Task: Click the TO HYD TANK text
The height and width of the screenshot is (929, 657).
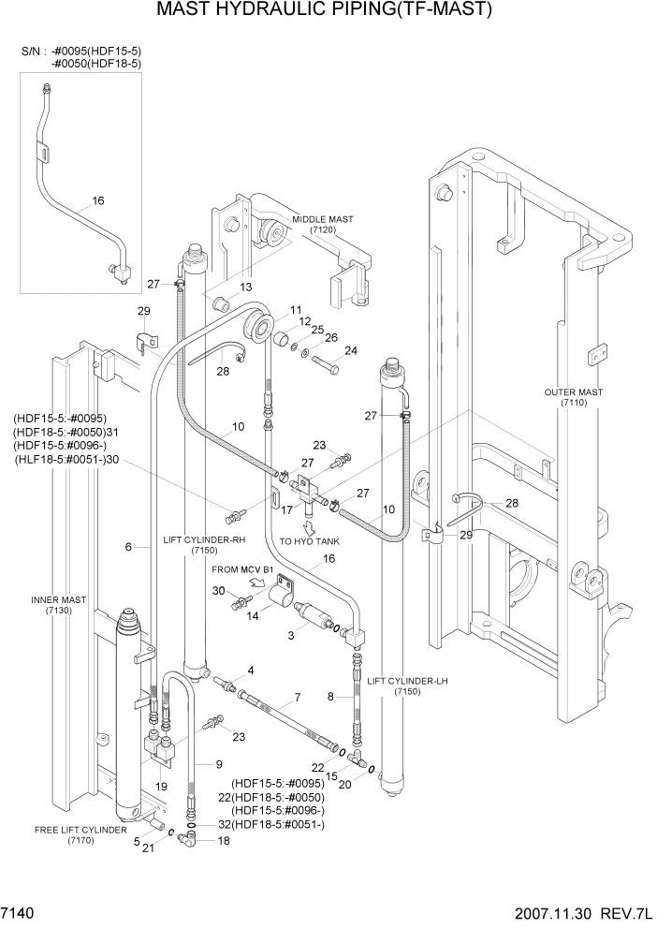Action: coord(310,542)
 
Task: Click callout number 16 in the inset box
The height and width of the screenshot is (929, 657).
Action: coord(98,200)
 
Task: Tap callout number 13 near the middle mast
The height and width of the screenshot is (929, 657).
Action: coord(247,287)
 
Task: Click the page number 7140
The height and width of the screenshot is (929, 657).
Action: coord(21,910)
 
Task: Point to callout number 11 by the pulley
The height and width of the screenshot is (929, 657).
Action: coord(295,310)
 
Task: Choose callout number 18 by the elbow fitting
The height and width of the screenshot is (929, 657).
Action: coord(223,842)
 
